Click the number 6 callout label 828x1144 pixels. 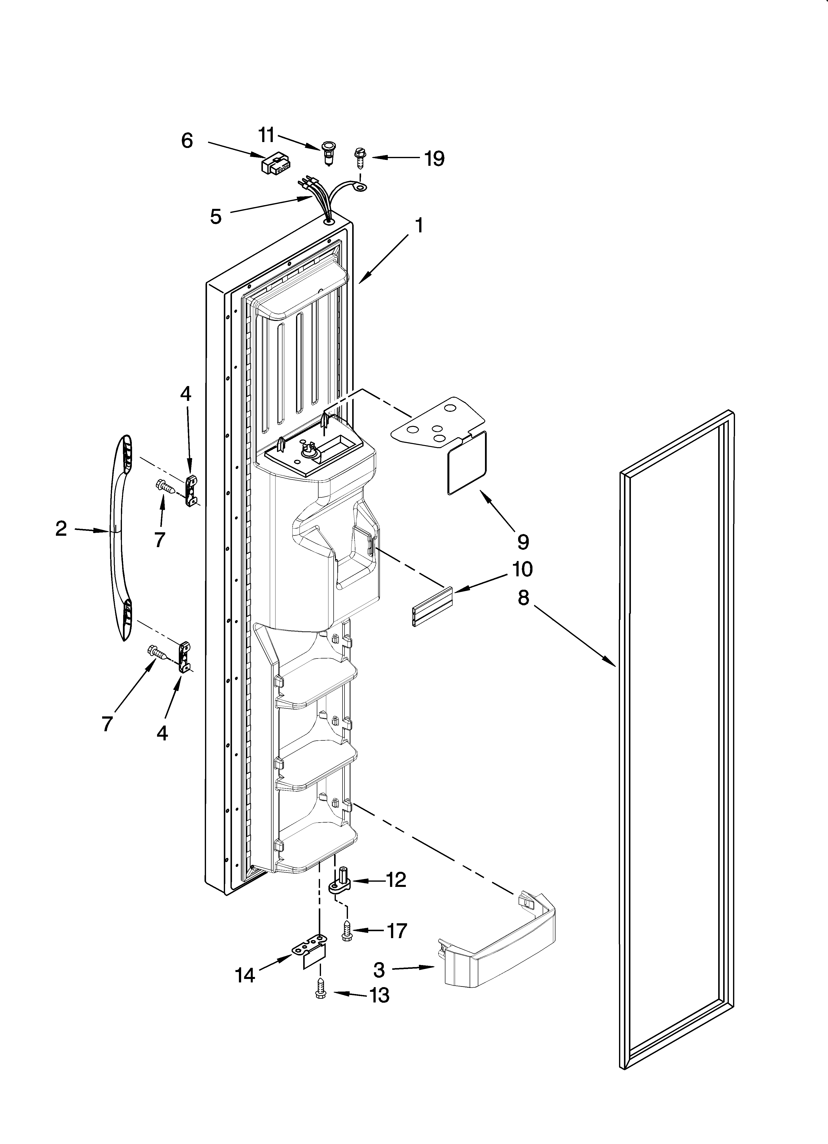coord(187,141)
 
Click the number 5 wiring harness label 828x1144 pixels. coord(216,217)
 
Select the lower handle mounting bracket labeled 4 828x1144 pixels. coord(184,657)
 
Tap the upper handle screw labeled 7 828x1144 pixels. coord(165,487)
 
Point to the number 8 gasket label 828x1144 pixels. coord(523,598)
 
